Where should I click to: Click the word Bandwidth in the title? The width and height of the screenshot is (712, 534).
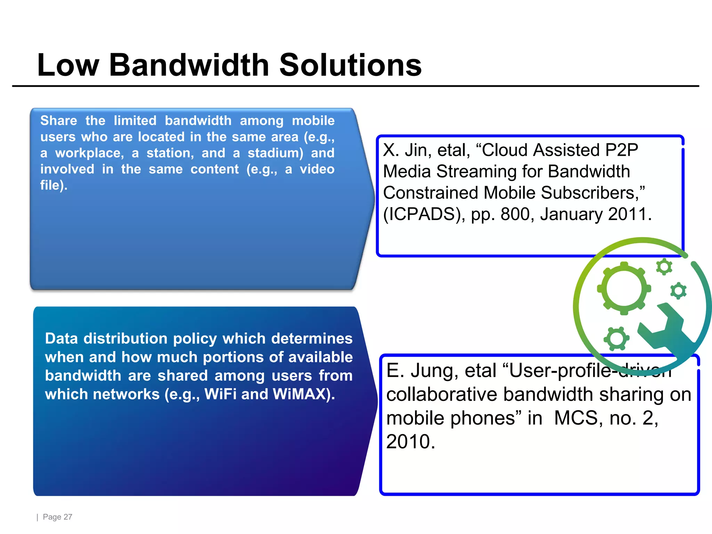click(x=189, y=65)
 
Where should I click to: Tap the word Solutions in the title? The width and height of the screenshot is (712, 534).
click(x=350, y=65)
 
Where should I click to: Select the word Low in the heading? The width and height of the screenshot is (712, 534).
click(x=68, y=65)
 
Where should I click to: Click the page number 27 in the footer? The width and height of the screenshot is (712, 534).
click(x=68, y=517)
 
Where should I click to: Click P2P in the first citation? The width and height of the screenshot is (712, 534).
click(x=621, y=150)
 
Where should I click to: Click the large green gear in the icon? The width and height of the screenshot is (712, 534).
click(x=624, y=289)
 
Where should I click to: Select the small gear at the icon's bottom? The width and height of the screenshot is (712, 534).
click(x=617, y=338)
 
